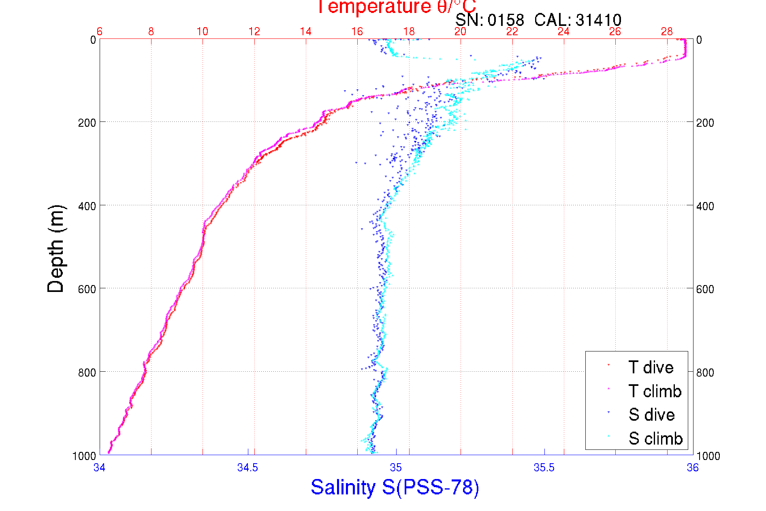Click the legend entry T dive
pos(651,367)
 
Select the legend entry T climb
pos(655,391)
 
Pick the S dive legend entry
pos(651,415)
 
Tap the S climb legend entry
pos(655,439)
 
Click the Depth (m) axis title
pos(56,249)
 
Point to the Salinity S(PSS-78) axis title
pos(395,487)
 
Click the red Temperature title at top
pos(396,7)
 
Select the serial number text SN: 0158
pos(489,20)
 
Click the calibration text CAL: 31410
pos(578,20)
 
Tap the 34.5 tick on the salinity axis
pos(248,468)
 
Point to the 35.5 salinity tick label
pos(544,468)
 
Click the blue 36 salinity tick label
pos(692,468)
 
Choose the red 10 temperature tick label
pos(203,32)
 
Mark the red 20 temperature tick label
pos(461,32)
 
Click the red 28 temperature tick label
pos(667,32)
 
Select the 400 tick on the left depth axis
pos(87,206)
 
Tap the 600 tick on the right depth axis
pos(705,289)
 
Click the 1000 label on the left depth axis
pos(84,456)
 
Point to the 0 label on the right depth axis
pos(699,40)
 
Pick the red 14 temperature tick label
pos(306,32)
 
